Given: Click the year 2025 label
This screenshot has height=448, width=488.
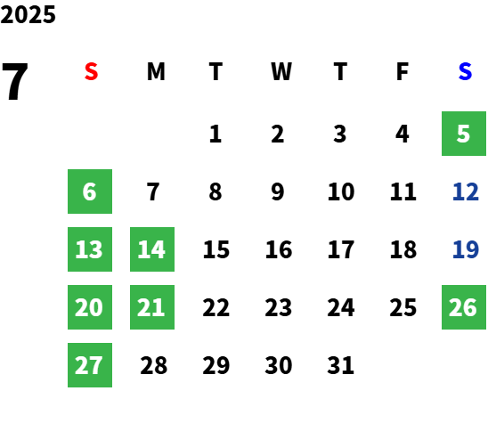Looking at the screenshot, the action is [28, 14].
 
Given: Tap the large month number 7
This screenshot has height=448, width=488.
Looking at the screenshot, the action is [14, 81].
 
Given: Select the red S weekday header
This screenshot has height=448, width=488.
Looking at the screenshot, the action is [91, 71].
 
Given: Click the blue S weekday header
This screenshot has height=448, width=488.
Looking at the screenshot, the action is [465, 71].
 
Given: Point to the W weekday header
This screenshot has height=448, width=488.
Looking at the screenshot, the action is [281, 71].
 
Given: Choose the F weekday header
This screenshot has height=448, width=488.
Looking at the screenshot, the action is [403, 71].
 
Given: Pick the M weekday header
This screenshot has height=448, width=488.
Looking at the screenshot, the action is [156, 71].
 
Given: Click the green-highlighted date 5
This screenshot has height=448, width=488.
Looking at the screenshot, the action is [464, 134].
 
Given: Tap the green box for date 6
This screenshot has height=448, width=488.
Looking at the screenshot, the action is [90, 191].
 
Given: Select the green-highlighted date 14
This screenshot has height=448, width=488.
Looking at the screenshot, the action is [152, 249].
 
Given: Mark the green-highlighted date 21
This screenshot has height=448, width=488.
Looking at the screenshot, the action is [152, 307].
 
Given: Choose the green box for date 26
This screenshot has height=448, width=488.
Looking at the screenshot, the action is [464, 307].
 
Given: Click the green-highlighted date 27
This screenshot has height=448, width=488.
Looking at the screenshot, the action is [90, 365].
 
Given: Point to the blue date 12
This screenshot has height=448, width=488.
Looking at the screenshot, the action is [465, 191].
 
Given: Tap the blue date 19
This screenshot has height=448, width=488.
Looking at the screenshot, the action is [465, 249].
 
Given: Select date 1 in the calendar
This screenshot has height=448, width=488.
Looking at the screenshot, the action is [216, 134].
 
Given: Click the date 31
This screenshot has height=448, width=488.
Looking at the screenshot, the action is [340, 365].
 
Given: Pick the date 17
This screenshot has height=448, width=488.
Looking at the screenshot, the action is [341, 249].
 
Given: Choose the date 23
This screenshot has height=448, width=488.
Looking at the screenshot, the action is [278, 307].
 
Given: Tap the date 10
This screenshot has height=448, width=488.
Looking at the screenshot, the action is [341, 191].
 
